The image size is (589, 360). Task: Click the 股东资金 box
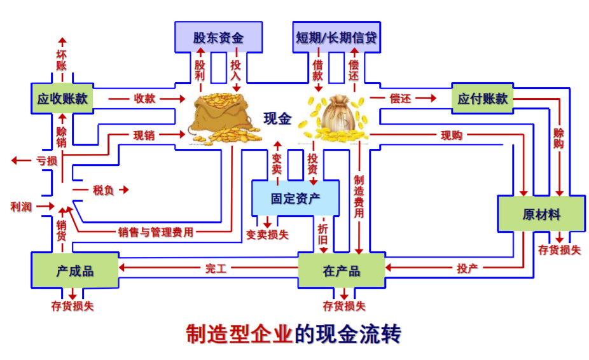(x=218, y=37)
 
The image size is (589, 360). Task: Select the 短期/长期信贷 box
(x=336, y=37)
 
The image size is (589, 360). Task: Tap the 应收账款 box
(x=62, y=99)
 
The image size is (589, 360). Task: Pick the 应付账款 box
(x=483, y=99)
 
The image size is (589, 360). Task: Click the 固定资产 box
(x=296, y=198)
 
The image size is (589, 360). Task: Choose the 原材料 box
(x=541, y=214)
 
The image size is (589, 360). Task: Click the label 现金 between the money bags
(x=277, y=118)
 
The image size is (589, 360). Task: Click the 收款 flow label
(x=144, y=99)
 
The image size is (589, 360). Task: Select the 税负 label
(x=104, y=190)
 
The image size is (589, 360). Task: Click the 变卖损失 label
(x=267, y=235)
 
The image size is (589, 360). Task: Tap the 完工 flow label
(x=216, y=268)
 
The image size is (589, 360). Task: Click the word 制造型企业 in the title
(x=239, y=334)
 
